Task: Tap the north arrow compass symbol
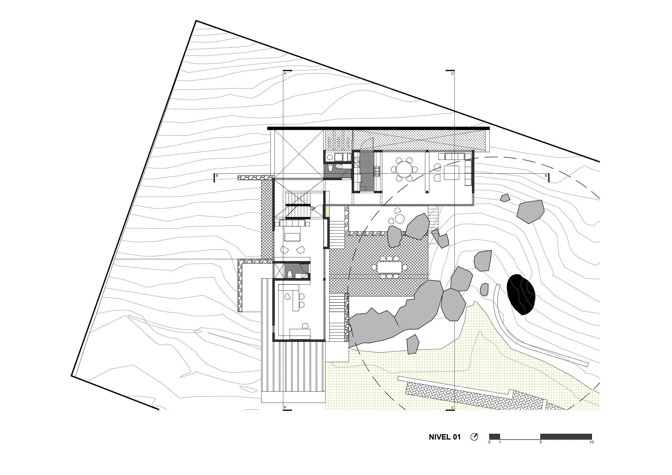coord(474,437)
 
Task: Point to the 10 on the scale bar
coord(592,442)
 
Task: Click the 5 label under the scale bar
coord(541,442)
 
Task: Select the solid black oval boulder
coord(521,294)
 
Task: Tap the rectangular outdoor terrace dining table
coord(389,267)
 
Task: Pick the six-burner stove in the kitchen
coord(376,172)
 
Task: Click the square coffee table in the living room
coord(451,173)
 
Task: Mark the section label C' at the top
coord(452,74)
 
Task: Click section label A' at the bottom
coord(285,407)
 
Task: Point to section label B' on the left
coord(217,176)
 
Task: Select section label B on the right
coord(546,176)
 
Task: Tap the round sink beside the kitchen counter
coord(330,157)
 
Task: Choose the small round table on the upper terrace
coord(400,219)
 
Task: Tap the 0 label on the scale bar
coord(489,442)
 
